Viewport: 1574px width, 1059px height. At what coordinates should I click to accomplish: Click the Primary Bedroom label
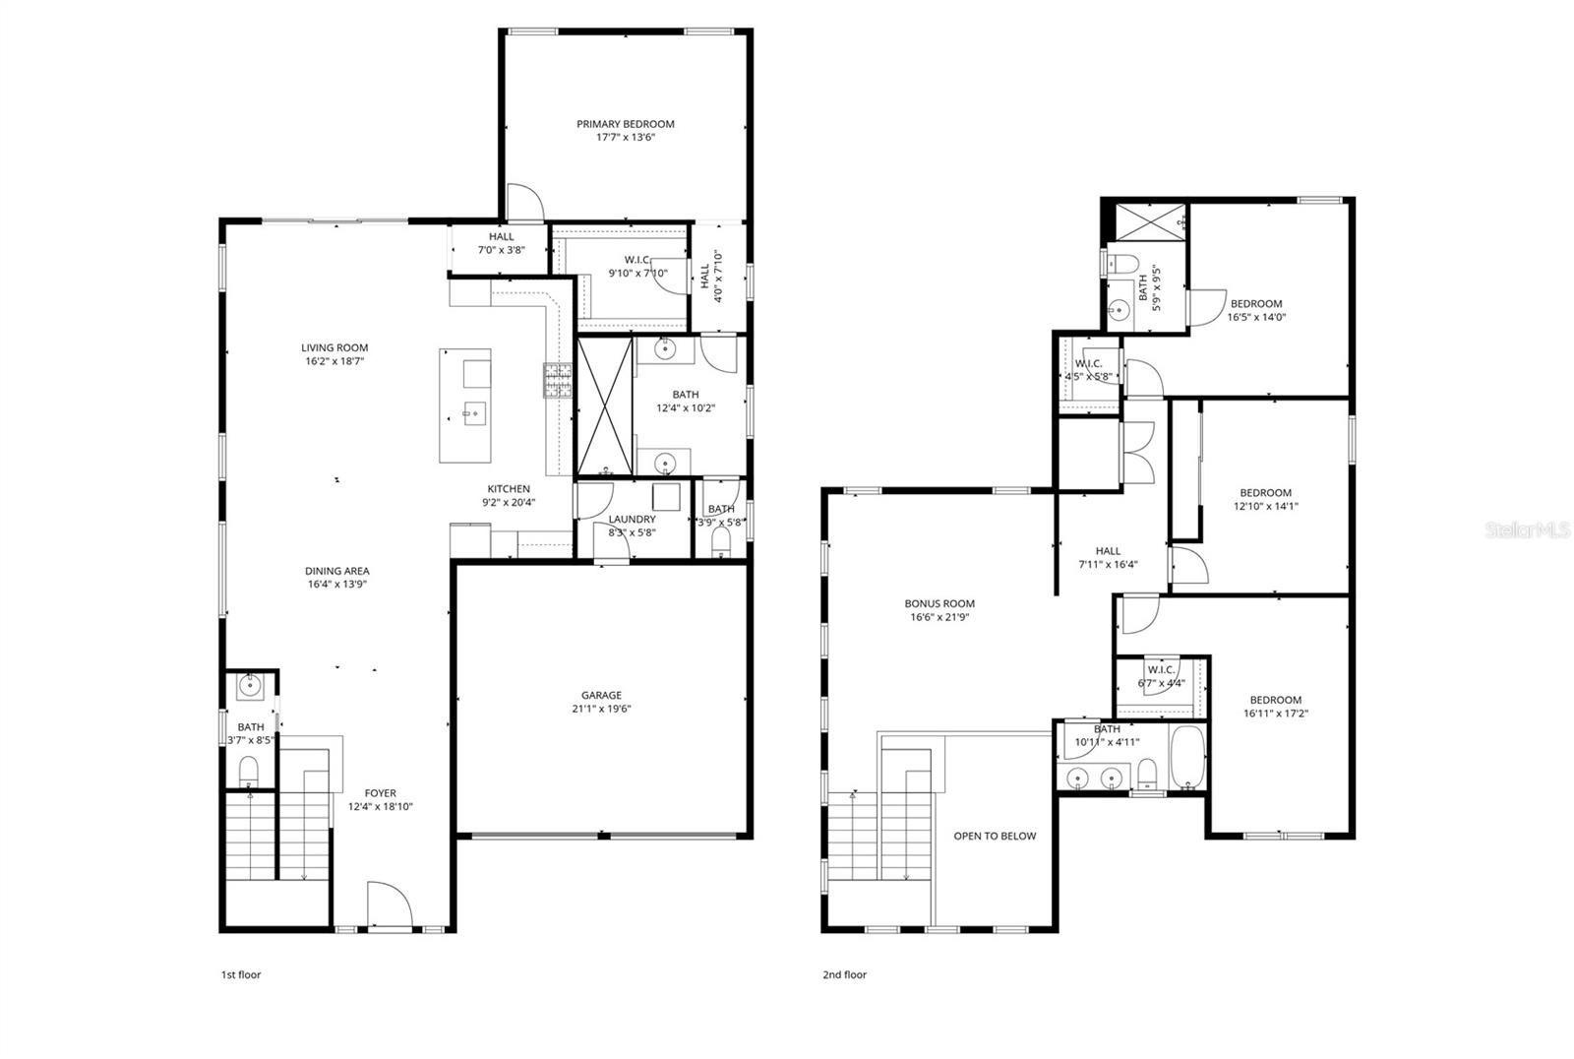(626, 124)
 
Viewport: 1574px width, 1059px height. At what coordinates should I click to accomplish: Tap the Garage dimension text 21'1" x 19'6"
(601, 709)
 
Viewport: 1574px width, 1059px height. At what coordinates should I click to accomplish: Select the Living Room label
(334, 347)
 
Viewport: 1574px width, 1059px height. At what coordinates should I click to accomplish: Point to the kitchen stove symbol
(557, 381)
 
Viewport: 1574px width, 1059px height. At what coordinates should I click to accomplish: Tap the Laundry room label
(632, 520)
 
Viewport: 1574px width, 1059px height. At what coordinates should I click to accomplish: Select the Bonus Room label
(939, 604)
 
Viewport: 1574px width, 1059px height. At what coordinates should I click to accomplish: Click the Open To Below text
(995, 837)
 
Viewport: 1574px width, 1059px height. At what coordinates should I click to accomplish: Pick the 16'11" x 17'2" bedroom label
(1276, 701)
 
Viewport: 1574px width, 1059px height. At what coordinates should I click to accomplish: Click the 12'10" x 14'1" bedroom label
(1265, 493)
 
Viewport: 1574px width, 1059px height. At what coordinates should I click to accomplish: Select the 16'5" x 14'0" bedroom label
(1256, 304)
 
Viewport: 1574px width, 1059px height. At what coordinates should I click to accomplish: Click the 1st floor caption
(240, 975)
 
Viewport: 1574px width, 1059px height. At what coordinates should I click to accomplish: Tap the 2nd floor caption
(844, 975)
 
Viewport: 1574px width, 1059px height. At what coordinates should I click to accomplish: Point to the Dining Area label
(336, 571)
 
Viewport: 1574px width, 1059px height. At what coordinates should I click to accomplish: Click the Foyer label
(380, 793)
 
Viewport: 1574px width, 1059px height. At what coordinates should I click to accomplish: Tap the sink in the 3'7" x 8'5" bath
(250, 686)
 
